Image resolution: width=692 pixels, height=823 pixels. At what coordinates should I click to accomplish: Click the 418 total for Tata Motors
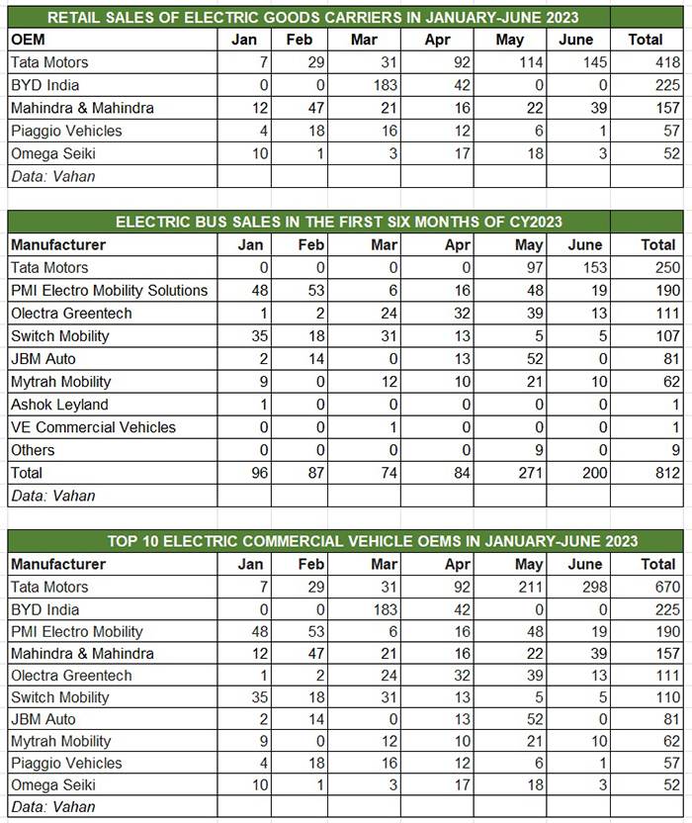pyautogui.click(x=658, y=62)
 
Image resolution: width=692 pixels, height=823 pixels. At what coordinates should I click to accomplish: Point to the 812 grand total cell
pyautogui.click(x=658, y=473)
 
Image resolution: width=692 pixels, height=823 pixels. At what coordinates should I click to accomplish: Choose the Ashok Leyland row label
pyautogui.click(x=59, y=405)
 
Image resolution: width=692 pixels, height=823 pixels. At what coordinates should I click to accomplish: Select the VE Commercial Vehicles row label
pyautogui.click(x=93, y=427)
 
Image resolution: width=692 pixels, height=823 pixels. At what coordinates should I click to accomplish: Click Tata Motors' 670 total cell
pyautogui.click(x=658, y=587)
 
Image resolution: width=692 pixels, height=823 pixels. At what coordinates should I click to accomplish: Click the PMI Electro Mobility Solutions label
pyautogui.click(x=109, y=290)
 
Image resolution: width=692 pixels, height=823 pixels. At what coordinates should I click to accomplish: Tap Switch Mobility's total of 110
pyautogui.click(x=658, y=697)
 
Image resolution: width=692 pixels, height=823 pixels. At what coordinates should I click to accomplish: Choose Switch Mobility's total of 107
pyautogui.click(x=658, y=335)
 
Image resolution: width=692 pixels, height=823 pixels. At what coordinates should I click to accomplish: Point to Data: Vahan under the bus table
pyautogui.click(x=52, y=496)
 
